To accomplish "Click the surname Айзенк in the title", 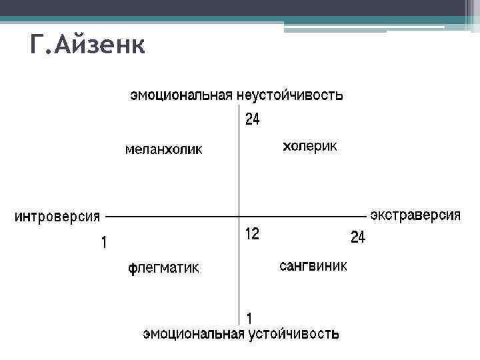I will click(x=101, y=45).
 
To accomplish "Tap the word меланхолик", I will click(x=164, y=150).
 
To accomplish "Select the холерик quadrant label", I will click(x=310, y=146).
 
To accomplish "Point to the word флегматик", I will click(x=163, y=269).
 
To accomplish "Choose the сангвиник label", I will click(x=313, y=267).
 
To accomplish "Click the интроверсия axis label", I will click(x=57, y=216).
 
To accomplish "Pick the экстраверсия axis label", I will click(x=415, y=215).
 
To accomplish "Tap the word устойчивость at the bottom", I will click(x=294, y=333).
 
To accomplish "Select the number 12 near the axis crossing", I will click(x=252, y=234).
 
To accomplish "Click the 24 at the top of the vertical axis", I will click(x=252, y=120).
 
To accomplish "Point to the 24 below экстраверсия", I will click(x=358, y=237).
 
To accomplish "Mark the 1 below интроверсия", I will click(x=103, y=243).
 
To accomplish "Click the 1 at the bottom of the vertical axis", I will click(x=249, y=318).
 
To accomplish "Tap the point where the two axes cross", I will click(x=239, y=216).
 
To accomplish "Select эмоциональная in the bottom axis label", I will click(x=193, y=333).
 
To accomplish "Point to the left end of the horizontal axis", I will click(x=107, y=216).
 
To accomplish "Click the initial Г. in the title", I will click(x=39, y=45).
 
